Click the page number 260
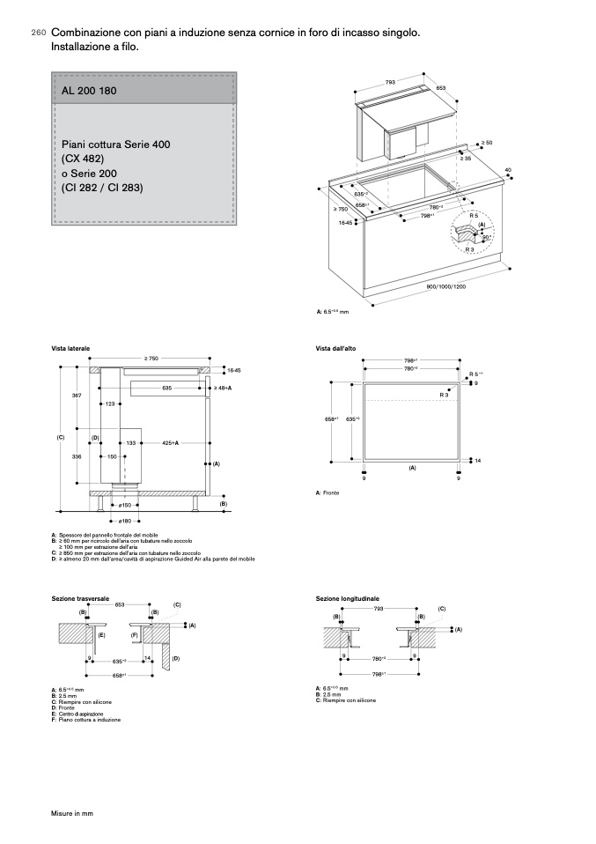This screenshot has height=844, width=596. pos(38,33)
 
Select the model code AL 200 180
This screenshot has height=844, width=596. pos(89,91)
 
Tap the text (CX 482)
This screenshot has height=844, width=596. pos(83,159)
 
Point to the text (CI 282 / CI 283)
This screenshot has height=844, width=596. pos(102,188)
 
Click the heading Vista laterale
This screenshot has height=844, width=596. pos(70,349)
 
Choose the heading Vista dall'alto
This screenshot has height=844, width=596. pos(335,349)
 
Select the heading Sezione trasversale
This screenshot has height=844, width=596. pos(80,598)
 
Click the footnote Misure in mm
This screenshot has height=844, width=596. pos(71,813)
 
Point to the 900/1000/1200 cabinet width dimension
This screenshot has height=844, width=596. pos(446,287)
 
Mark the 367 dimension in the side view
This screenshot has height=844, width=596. pos(77,396)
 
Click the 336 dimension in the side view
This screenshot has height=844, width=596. pos(77,456)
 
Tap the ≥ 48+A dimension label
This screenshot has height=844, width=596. pos(222,388)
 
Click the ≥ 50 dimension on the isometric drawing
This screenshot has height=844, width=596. pos(486,143)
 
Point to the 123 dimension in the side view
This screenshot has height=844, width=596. pos(110,403)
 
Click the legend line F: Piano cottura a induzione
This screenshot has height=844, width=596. pos(85,720)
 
